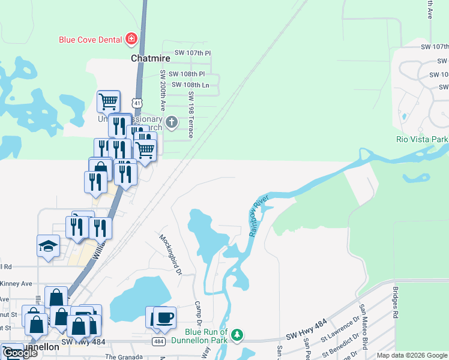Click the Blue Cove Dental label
[91, 40]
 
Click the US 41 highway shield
[138, 103]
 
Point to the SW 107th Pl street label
[192, 53]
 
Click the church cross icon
[172, 123]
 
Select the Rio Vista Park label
[422, 139]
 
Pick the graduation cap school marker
[48, 246]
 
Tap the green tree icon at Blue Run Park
[238, 335]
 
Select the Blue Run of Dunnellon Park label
[206, 336]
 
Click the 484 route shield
[158, 341]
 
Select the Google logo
[20, 353]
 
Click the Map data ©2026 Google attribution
[411, 355]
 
